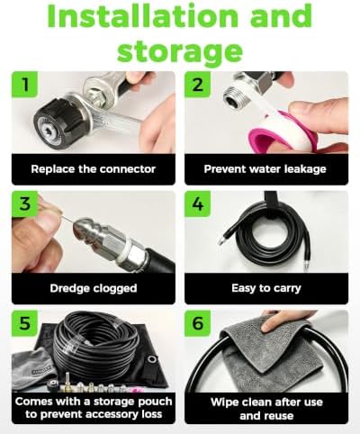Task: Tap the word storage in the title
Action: (x=180, y=51)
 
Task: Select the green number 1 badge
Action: (x=25, y=85)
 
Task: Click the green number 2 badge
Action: (x=197, y=85)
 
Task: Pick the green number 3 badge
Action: (x=25, y=203)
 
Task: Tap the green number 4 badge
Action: (x=197, y=203)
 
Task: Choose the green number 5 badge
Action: (x=25, y=323)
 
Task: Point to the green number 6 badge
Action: (x=197, y=323)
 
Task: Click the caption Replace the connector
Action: (x=94, y=169)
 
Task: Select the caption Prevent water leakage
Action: (x=265, y=169)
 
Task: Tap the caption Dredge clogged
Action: (x=94, y=288)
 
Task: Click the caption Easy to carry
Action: (x=266, y=288)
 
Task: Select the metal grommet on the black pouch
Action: (x=152, y=359)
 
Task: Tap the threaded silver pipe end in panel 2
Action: (x=237, y=96)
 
